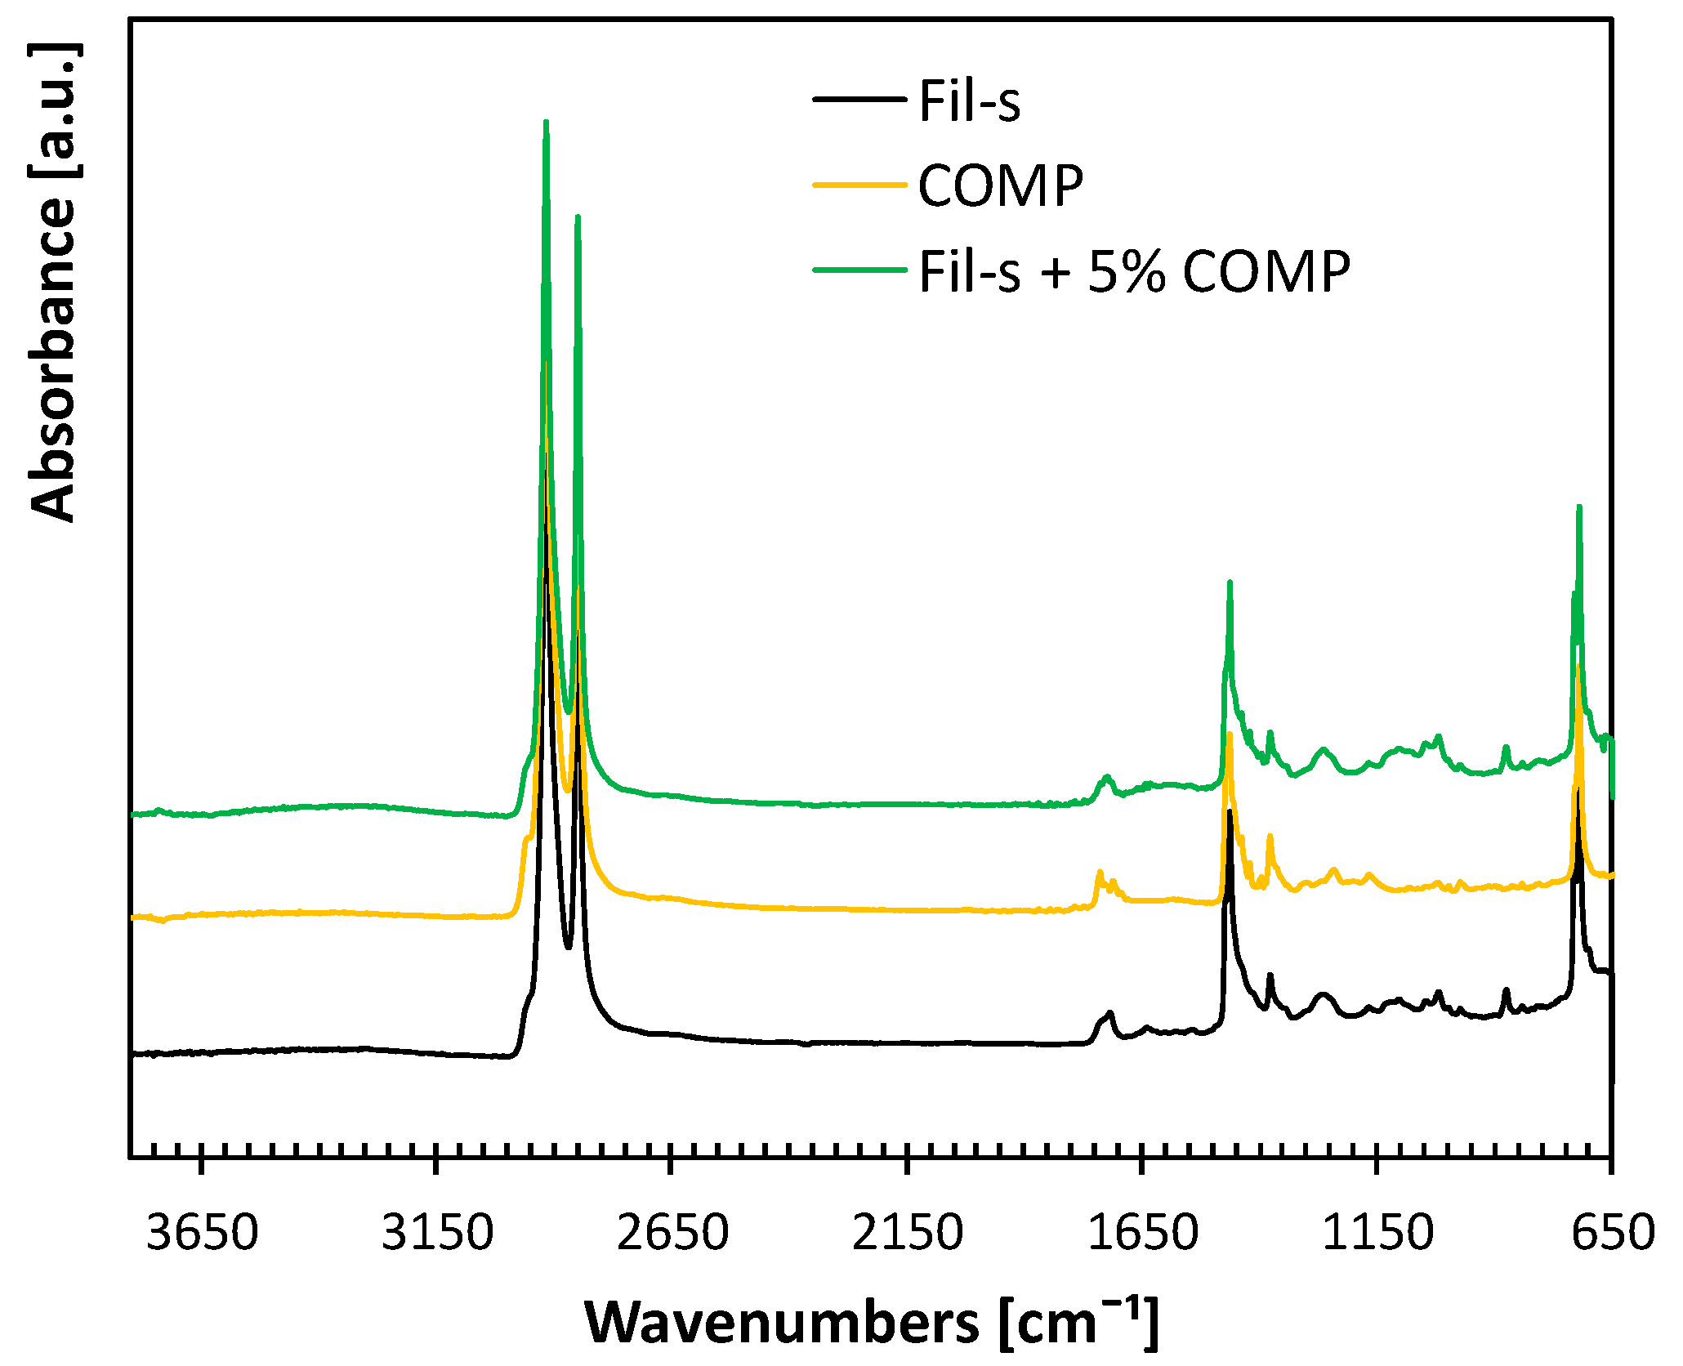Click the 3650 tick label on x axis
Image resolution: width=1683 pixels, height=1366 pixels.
point(202,1233)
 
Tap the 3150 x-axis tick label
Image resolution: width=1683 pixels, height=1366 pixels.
point(437,1233)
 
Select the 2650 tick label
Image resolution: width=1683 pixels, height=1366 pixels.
point(672,1233)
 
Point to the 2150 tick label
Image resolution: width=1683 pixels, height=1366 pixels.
point(907,1233)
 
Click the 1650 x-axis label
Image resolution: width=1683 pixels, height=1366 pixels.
point(1142,1233)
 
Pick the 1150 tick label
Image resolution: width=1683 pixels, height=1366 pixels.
point(1377,1233)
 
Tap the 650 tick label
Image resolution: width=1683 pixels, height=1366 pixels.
point(1613,1233)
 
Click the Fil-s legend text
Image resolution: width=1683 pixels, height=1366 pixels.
point(969,102)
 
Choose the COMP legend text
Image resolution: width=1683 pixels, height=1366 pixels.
point(1000,187)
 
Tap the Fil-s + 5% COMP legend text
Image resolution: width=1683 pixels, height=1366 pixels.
point(1134,272)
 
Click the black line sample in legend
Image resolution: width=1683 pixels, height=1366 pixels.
point(859,100)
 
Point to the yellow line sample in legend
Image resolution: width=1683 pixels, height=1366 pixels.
point(859,185)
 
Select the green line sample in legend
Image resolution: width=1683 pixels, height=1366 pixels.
point(859,270)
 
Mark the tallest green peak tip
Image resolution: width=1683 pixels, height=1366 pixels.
point(546,123)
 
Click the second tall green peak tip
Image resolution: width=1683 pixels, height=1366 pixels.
point(578,217)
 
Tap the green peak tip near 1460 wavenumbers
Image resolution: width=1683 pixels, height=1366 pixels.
point(1230,583)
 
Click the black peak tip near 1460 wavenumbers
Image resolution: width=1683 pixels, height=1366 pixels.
point(1230,812)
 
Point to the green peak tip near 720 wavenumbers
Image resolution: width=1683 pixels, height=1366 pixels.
point(1579,507)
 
